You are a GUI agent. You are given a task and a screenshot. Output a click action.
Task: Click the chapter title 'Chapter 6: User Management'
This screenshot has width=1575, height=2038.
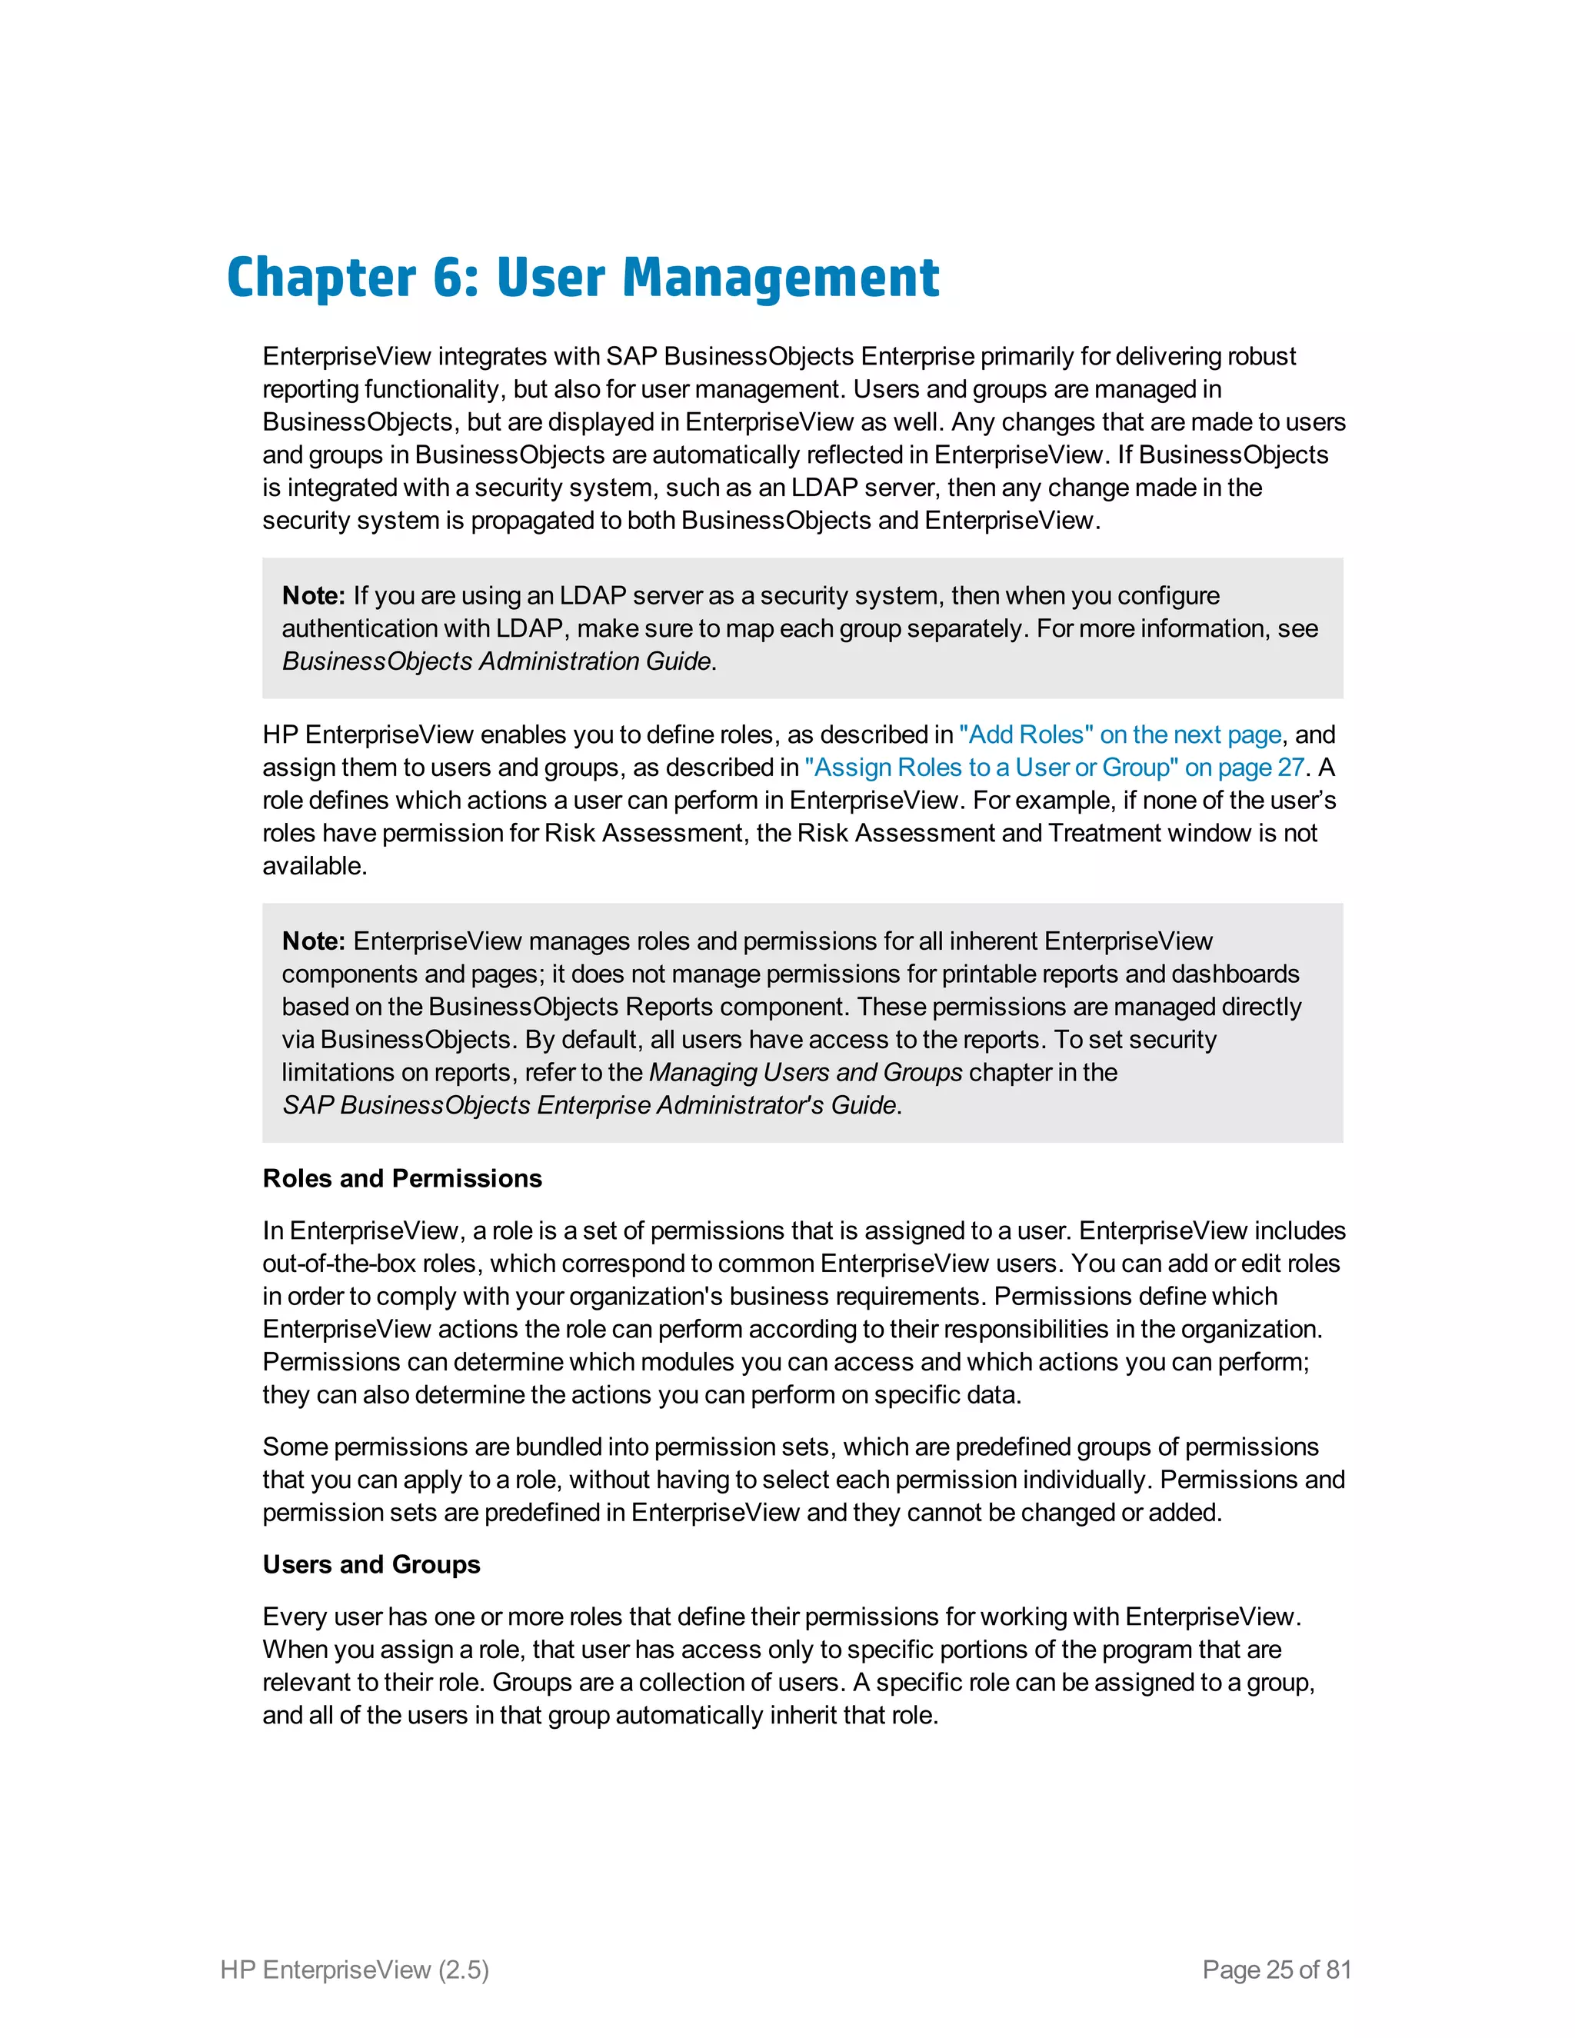click(x=582, y=278)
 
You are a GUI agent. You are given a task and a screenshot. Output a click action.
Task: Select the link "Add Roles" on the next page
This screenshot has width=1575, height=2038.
click(x=1120, y=734)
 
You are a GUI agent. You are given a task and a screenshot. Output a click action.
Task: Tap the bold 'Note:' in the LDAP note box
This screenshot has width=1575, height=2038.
click(x=314, y=595)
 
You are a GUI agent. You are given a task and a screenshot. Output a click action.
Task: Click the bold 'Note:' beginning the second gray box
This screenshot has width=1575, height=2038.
click(x=314, y=941)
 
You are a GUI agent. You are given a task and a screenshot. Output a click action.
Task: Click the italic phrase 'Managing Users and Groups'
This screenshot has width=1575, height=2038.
click(x=805, y=1072)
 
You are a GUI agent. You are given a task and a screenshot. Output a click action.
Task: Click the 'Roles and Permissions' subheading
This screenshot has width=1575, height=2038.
click(x=402, y=1178)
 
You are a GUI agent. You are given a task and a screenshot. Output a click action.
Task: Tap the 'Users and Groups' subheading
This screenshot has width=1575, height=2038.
click(x=371, y=1565)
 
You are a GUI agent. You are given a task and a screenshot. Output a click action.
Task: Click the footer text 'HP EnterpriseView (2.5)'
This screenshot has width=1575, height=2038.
click(x=355, y=1970)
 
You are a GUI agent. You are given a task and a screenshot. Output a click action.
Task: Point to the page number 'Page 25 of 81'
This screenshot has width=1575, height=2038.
click(x=1277, y=1970)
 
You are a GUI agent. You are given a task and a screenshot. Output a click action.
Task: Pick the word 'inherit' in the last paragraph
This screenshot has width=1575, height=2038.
click(x=802, y=1715)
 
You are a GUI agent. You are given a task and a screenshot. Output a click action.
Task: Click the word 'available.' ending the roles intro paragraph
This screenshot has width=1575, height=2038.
click(x=315, y=866)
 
